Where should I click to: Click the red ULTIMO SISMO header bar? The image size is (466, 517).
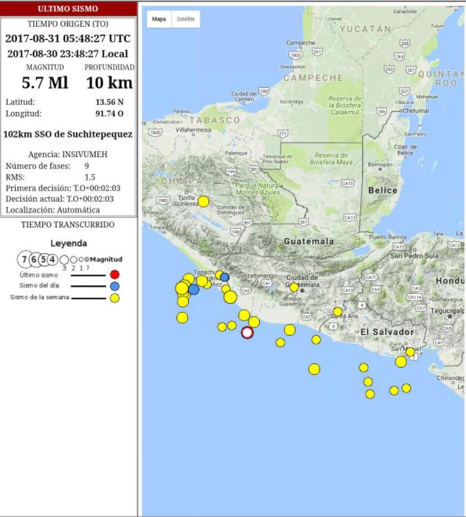68,9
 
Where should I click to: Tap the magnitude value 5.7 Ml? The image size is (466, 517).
45,83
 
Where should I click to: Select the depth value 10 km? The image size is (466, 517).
109,83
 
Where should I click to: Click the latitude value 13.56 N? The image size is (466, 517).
109,102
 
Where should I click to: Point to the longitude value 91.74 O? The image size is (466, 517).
109,113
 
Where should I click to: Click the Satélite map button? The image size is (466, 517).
185,19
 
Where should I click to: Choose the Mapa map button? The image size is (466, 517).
159,19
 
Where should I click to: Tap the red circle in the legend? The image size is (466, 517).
115,274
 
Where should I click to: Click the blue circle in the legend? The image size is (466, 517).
115,286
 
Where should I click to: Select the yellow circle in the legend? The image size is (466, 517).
115,298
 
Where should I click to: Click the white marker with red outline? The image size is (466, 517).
247,332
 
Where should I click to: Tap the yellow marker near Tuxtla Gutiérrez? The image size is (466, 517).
204,201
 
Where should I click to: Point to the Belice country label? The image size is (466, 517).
383,190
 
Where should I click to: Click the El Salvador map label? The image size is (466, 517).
387,332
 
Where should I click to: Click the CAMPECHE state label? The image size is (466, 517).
314,78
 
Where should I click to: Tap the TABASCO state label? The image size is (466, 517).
215,120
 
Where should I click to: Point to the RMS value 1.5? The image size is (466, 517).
90,178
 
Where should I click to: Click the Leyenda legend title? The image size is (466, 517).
69,243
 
